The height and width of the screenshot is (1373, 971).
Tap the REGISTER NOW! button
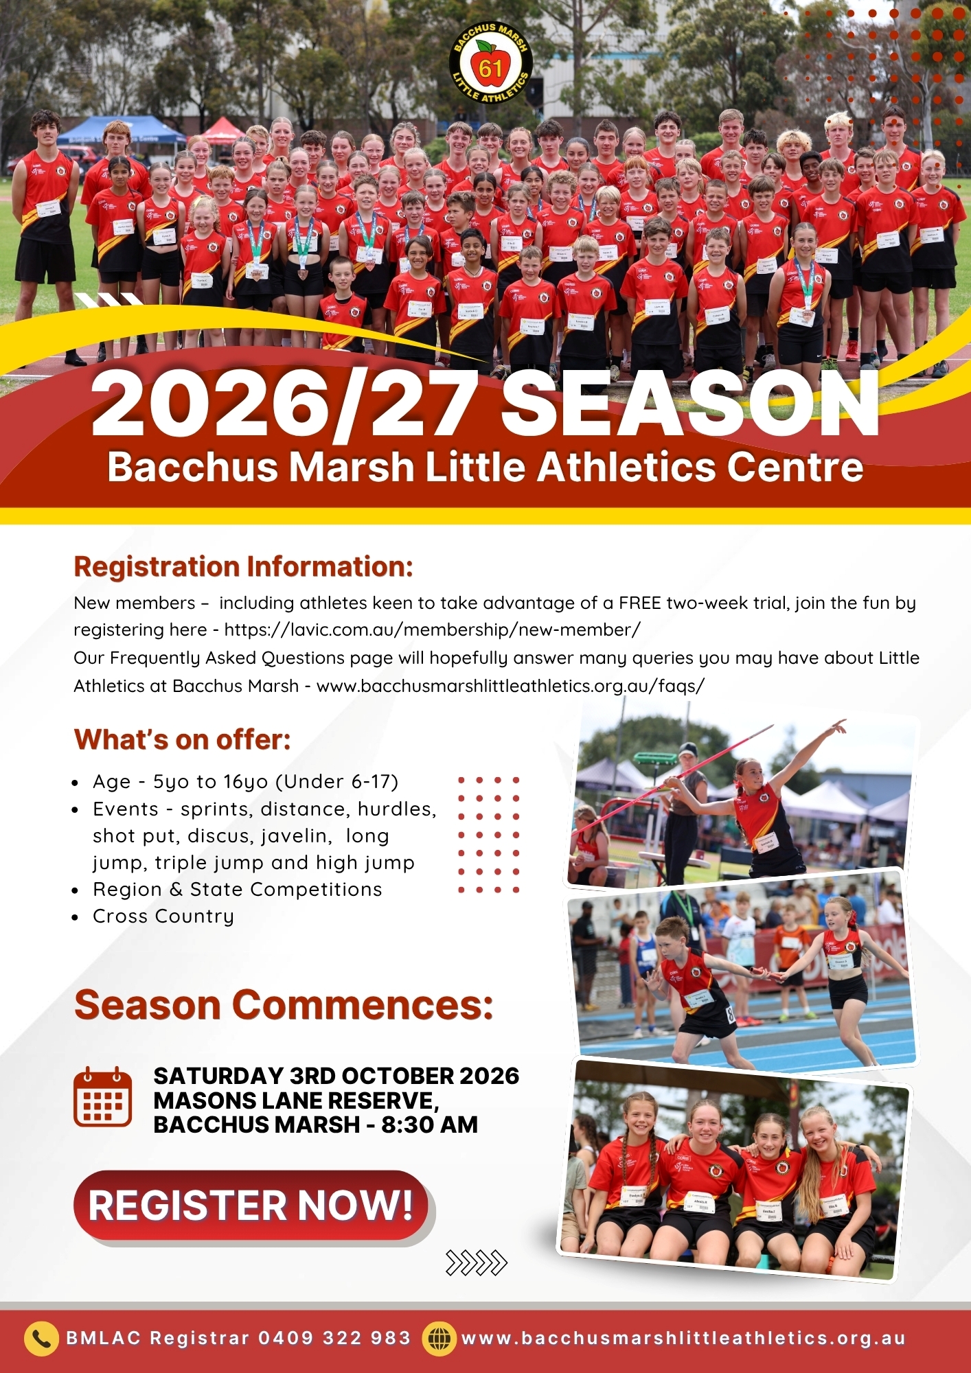coord(251,1205)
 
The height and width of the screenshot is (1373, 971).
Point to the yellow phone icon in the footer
coord(41,1339)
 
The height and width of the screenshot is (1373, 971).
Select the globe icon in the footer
coord(439,1339)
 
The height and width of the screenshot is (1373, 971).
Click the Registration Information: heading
coord(244,567)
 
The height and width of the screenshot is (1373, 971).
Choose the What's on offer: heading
coord(183,740)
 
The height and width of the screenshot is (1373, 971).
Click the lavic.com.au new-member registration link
coord(433,630)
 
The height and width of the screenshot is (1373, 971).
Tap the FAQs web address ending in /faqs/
coord(510,686)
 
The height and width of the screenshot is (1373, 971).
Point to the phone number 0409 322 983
coord(334,1338)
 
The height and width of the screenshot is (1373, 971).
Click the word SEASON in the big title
coord(690,404)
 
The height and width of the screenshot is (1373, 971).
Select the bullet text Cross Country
coord(163,916)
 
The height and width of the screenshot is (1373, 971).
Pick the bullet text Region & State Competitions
coord(238,889)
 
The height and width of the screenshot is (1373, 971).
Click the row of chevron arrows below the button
coord(477,1262)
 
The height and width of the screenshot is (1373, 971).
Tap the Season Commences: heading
coord(284,1005)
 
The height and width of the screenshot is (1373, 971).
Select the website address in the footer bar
coord(683,1338)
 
